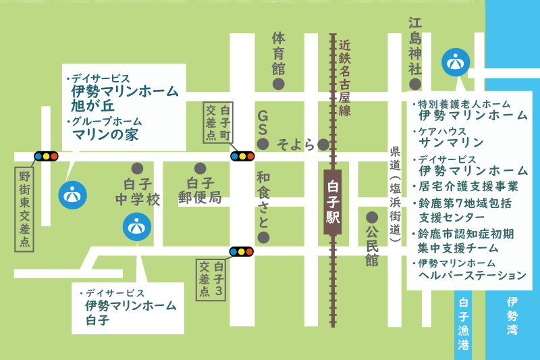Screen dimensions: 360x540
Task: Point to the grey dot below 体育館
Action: coord(277,84)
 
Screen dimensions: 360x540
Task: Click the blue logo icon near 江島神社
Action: coord(455,62)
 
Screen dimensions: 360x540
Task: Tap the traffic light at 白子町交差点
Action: coord(242,156)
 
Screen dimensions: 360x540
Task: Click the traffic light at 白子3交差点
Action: coord(242,252)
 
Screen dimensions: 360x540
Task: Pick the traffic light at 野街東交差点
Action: coord(46,156)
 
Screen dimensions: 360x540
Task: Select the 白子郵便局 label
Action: coord(200,190)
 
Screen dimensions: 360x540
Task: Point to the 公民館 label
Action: coord(372,246)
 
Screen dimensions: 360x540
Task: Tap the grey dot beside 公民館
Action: coord(371,217)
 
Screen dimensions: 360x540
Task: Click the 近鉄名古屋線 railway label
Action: coord(345,78)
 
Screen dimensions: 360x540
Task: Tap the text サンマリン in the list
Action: coord(452,143)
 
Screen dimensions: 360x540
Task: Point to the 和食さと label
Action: coord(263,199)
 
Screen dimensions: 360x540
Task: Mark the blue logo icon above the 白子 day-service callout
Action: coord(136,226)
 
